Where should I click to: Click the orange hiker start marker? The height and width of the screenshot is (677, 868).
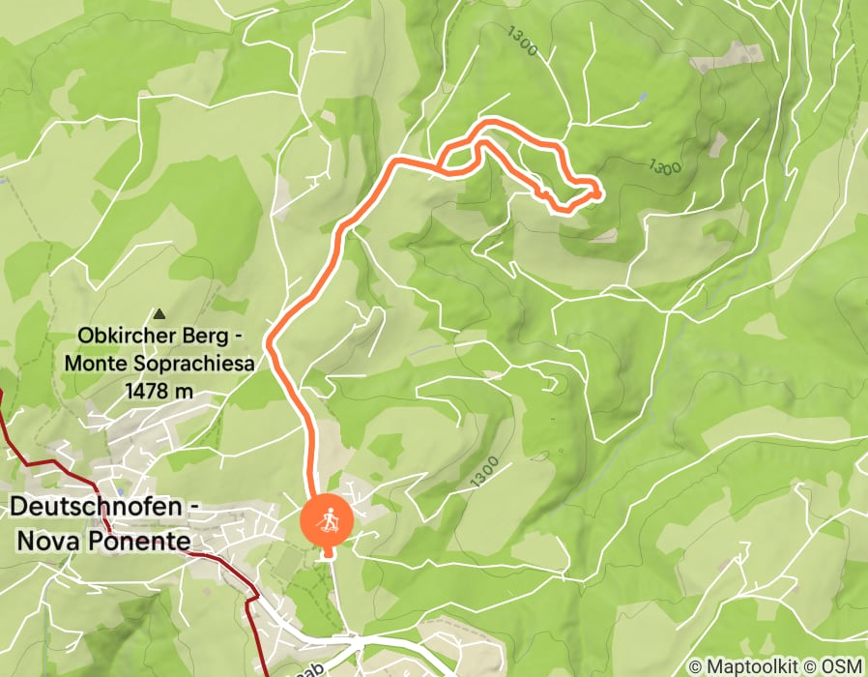click(x=328, y=520)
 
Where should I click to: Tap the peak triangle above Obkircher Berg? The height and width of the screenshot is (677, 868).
click(x=159, y=314)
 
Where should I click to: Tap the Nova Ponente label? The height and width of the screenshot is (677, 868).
click(x=102, y=540)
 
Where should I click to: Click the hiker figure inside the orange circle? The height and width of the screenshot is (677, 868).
click(x=328, y=519)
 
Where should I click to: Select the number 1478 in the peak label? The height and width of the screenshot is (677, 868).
click(x=139, y=391)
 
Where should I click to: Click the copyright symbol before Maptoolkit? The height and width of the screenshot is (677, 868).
click(x=696, y=667)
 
